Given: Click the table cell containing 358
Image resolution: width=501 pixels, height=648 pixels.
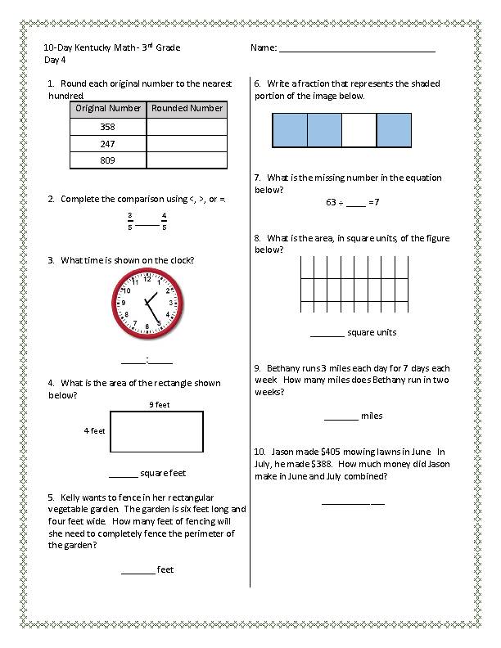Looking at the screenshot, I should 108,127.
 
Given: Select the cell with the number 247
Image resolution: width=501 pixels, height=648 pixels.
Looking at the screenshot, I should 108,143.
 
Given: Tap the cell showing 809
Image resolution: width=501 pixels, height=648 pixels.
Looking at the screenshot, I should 108,160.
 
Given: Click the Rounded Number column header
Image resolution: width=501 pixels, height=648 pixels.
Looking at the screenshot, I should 187,108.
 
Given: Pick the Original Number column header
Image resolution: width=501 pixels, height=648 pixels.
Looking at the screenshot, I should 108,108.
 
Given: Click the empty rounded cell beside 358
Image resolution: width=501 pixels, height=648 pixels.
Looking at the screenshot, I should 187,127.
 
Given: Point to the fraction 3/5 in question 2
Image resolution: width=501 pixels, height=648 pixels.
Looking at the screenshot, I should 129,222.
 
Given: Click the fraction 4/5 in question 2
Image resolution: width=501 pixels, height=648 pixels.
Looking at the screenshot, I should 164,222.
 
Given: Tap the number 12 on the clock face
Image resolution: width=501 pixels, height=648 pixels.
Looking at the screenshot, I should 147,277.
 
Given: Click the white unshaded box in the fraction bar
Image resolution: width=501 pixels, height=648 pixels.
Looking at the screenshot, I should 359,130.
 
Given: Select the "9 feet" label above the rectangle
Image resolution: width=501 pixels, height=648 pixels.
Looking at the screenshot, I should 159,404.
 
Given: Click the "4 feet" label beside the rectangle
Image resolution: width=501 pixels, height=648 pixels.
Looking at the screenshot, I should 94,430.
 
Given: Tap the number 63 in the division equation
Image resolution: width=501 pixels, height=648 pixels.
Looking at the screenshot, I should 332,202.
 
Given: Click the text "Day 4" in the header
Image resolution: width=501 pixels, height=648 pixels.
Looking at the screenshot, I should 54,60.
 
